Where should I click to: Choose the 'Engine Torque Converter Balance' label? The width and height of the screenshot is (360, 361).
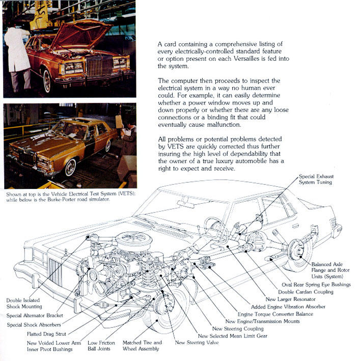coord(275,314)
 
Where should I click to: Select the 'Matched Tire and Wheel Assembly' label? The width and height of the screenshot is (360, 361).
coord(142,346)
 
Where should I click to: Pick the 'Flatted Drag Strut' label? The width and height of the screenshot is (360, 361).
coord(47,334)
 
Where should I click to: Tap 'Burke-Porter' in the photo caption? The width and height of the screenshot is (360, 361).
coord(68,199)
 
